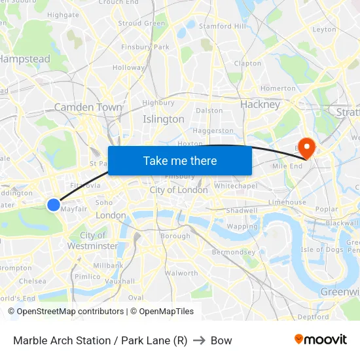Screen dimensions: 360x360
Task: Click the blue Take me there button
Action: [180, 160]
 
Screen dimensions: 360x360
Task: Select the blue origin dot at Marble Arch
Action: [54, 205]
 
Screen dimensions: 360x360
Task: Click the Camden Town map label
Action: [88, 107]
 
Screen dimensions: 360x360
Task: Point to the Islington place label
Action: [164, 119]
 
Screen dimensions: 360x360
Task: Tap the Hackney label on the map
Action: [260, 104]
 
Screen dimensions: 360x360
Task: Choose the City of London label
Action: [179, 190]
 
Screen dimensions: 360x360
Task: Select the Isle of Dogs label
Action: [322, 249]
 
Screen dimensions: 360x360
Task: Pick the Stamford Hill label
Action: [223, 26]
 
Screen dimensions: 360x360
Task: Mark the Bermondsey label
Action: [234, 252]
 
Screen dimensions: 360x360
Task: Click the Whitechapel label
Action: [235, 186]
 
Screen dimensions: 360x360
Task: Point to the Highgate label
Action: [63, 14]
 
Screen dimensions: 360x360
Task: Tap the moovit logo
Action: [321, 339]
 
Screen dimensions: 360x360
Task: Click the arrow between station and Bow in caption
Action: [199, 340]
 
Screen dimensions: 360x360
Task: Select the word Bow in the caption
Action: [221, 340]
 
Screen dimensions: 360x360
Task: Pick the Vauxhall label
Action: [119, 280]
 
